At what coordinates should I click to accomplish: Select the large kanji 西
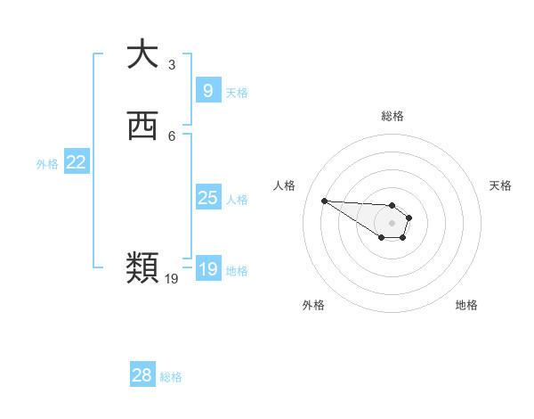(142, 127)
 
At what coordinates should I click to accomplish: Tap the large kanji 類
(142, 267)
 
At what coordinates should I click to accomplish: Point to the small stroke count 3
(172, 64)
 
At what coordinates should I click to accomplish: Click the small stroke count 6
(172, 136)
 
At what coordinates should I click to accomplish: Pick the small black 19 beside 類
(172, 279)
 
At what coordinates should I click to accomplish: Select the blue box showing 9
(207, 90)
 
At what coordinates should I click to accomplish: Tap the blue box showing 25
(207, 198)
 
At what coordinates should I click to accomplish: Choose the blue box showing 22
(77, 162)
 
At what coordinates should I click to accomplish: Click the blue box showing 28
(142, 375)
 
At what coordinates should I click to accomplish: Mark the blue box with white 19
(207, 269)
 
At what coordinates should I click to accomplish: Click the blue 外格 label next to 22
(47, 164)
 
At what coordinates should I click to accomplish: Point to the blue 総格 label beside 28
(171, 377)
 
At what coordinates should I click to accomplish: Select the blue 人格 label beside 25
(238, 200)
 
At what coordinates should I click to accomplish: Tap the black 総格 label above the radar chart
(392, 116)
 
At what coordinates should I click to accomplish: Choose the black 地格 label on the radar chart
(466, 305)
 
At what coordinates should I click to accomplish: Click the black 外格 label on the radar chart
(313, 305)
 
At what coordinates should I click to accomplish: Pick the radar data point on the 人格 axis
(324, 201)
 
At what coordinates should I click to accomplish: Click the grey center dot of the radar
(392, 222)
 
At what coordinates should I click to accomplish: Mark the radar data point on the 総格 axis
(392, 205)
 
